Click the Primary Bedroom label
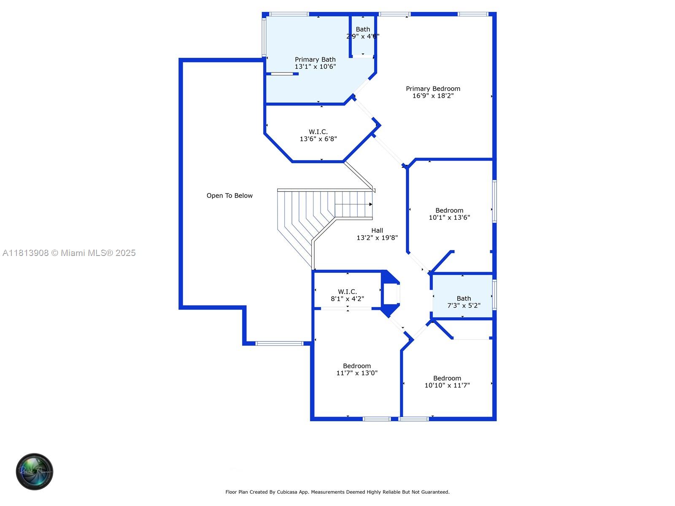[x=433, y=89]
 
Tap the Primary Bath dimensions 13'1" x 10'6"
[x=315, y=67]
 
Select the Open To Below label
[x=229, y=196]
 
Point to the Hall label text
[x=377, y=231]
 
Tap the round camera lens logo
[x=35, y=471]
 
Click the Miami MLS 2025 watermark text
[x=69, y=253]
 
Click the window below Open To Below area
[x=280, y=344]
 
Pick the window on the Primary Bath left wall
[x=264, y=37]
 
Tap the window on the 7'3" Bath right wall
[x=494, y=294]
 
